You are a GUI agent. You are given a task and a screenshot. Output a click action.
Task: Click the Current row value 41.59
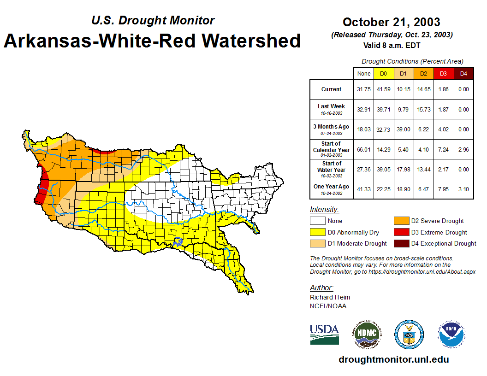[x=384, y=89]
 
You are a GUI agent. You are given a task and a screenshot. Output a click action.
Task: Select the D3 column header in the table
[x=443, y=74]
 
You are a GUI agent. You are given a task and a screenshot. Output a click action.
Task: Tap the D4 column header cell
[x=463, y=74]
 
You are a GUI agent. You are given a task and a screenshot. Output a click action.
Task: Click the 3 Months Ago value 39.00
[x=404, y=129]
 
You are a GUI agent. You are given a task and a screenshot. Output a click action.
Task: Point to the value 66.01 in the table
[x=364, y=149]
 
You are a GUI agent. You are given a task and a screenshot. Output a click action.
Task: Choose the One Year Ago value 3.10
[x=463, y=189]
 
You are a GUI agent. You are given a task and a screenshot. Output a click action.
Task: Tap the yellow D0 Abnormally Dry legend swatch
[x=317, y=232]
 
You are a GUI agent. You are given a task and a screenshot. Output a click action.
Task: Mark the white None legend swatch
[x=317, y=221]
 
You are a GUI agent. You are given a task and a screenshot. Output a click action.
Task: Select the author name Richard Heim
[x=330, y=297]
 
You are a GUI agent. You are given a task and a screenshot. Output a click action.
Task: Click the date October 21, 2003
[x=391, y=22]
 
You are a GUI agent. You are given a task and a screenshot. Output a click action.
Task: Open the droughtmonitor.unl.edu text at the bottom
[x=393, y=359]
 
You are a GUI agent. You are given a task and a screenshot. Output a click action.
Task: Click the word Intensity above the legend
[x=324, y=210]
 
